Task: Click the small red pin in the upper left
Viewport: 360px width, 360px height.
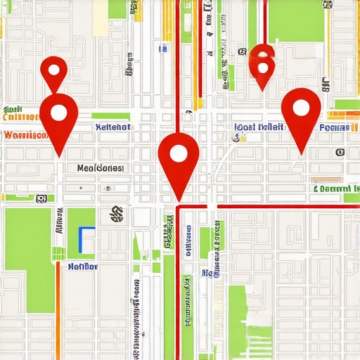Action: [53, 70]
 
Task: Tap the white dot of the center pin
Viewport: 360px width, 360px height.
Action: [179, 154]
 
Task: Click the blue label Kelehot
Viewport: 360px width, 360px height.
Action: [112, 127]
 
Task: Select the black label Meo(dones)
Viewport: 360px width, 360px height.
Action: [100, 169]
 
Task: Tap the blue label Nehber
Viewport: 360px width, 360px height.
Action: [83, 266]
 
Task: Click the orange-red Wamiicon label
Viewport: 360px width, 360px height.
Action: [24, 134]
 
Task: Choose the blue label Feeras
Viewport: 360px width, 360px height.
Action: [335, 128]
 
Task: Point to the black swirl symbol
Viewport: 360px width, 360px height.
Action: [116, 214]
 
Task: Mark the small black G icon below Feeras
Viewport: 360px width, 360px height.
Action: [340, 152]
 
